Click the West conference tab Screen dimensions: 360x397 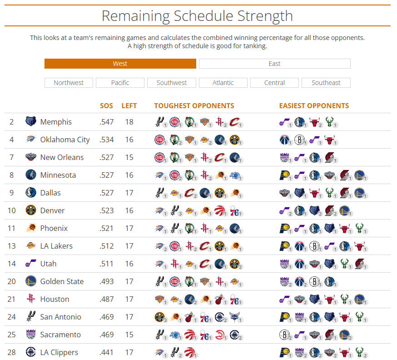(120, 64)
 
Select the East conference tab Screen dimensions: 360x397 (274, 64)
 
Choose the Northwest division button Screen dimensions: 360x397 (69, 83)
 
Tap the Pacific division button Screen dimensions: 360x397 (120, 83)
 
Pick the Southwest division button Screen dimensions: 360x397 (172, 83)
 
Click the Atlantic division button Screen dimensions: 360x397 (223, 83)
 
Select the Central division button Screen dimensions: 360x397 (274, 83)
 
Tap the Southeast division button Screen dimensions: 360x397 (326, 83)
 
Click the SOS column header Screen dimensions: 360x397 (106, 106)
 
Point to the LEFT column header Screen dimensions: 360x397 (129, 106)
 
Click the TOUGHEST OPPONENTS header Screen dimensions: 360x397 (194, 106)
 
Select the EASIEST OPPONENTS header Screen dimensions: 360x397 (314, 106)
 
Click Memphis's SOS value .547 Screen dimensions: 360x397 (107, 122)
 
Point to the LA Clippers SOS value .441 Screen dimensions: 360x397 (107, 352)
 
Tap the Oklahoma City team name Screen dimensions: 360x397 (65, 140)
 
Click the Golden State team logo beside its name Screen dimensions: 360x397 (31, 281)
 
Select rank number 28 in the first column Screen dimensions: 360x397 (12, 352)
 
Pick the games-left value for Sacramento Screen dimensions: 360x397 (129, 335)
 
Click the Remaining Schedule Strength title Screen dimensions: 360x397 (197, 16)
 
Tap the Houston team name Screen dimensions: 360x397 (55, 299)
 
